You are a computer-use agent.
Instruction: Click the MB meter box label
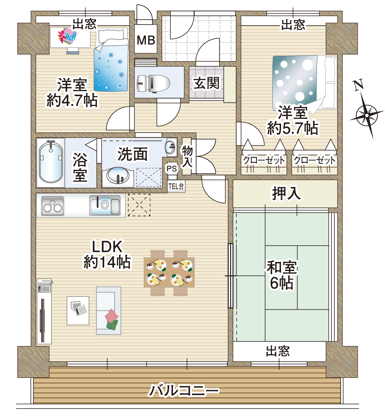coord(146,40)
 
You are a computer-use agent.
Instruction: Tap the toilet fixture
coord(153,84)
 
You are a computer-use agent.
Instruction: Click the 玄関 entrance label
coord(206,83)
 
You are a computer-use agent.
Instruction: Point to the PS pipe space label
coord(172,168)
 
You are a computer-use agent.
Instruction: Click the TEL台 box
coord(176,186)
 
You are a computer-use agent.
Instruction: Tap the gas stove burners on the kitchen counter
coord(53,206)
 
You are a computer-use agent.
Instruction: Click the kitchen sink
coord(105,205)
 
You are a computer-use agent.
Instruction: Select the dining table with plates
coord(169,272)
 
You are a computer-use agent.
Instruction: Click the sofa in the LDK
coord(108,311)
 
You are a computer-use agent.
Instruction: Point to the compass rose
coord(367,115)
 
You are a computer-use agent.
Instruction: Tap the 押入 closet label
coord(286,194)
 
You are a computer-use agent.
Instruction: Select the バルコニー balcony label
coord(184,391)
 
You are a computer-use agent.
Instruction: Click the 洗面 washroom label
coord(133,154)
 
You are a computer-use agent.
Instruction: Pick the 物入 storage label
coord(187,156)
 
